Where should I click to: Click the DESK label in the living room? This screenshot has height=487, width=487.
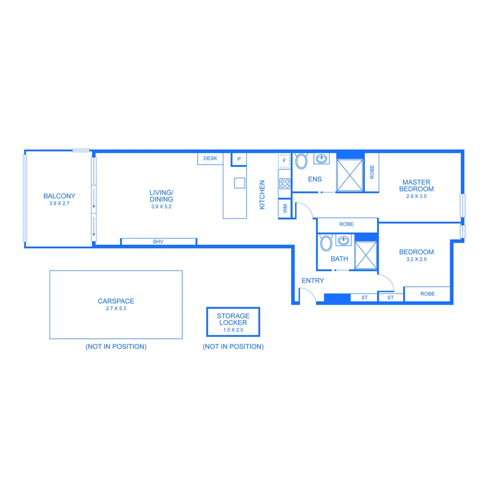pos(210,158)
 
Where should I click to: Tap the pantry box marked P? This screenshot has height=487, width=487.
pos(239,159)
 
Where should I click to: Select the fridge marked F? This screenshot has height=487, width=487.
pos(284,160)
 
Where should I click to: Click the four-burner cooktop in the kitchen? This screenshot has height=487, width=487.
pos(285,184)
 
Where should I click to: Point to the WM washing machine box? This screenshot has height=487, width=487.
pos(285,208)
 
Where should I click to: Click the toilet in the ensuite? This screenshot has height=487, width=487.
pos(301,161)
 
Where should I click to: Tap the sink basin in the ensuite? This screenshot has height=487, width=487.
pos(322,159)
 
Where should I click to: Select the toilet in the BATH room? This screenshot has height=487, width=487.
pos(326,243)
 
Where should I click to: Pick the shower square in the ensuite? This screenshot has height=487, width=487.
pos(350,175)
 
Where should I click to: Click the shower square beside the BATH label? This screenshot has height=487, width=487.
pos(366,256)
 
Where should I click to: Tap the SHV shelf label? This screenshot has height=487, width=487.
pos(158,242)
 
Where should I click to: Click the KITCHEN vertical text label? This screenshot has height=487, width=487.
pos(262,195)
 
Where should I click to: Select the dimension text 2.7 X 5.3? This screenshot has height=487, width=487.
pos(116,309)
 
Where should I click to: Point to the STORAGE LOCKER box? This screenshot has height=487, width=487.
pos(233,322)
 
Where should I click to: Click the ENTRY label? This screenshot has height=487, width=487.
pos(312,280)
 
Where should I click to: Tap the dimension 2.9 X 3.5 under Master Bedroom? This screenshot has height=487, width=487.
pos(416,196)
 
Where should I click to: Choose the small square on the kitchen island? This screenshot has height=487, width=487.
pos(239,183)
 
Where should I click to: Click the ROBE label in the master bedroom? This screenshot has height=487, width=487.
pos(372,172)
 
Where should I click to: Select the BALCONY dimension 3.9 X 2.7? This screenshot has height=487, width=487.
pos(59,203)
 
